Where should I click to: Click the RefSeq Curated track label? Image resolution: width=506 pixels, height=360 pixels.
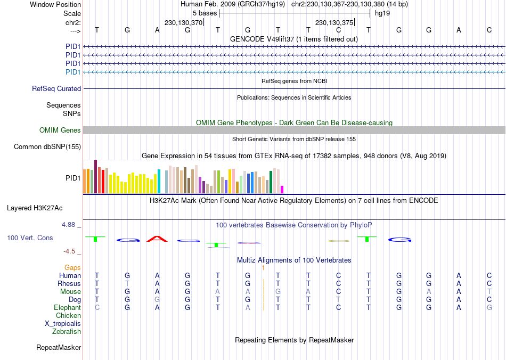56,89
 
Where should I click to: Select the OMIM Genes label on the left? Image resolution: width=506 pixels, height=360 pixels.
60,130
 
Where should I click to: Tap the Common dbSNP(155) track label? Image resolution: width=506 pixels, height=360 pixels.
47,147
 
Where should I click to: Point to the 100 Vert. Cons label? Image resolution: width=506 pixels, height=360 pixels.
30,238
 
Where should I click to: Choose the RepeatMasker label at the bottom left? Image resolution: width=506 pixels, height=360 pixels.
59,348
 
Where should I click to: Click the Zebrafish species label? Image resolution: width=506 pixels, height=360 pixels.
67,332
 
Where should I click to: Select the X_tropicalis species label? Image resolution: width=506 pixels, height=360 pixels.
63,324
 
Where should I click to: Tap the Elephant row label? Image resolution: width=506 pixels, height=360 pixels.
67,308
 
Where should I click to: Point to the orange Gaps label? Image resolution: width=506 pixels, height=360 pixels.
72,267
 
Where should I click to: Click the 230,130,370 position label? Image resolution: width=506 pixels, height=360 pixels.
184,23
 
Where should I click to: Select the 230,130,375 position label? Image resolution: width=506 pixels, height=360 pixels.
334,23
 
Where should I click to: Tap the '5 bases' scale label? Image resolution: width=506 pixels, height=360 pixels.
204,13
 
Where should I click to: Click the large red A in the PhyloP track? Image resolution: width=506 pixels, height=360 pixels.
157,239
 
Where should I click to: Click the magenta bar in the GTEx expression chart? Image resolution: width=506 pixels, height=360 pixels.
282,190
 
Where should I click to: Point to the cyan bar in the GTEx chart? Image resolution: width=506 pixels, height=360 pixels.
159,182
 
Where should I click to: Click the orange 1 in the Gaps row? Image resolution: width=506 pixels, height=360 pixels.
263,267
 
